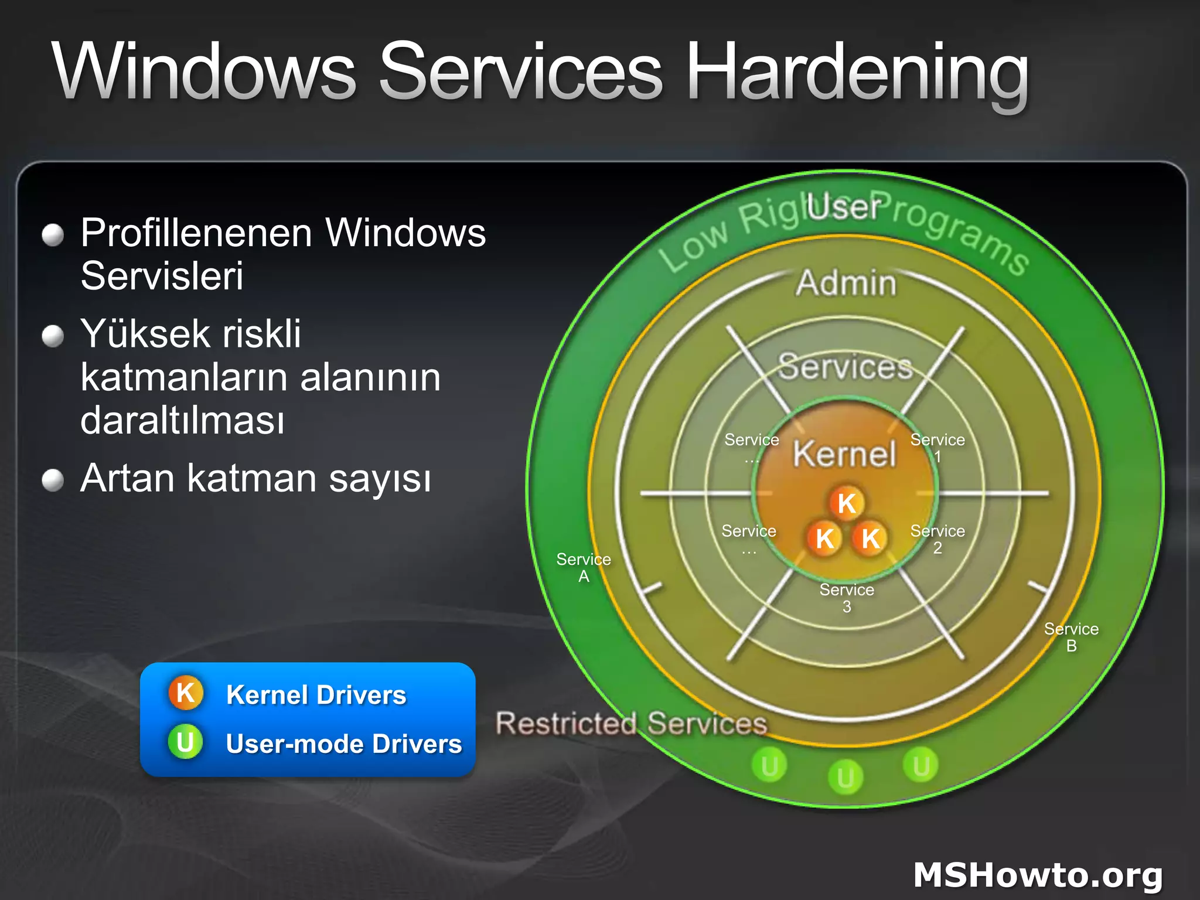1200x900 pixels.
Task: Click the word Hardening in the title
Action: [x=857, y=73]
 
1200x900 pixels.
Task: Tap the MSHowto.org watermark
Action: [x=1037, y=875]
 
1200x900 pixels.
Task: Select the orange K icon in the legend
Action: [x=186, y=693]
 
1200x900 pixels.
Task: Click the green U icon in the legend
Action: [x=185, y=742]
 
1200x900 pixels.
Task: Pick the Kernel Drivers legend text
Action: [x=316, y=696]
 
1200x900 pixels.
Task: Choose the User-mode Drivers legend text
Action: [x=344, y=744]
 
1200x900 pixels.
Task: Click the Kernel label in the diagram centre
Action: [x=844, y=454]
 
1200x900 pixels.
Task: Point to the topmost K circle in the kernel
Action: [x=847, y=503]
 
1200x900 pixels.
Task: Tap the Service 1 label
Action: [x=937, y=448]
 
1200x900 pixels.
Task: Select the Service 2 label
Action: [x=937, y=538]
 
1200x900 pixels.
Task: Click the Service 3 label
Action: [x=847, y=597]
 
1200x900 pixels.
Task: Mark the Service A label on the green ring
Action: [x=583, y=567]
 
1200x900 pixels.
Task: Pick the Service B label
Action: [x=1071, y=637]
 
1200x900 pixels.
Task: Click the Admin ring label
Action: [x=846, y=283]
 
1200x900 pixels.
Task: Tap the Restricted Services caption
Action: [x=631, y=723]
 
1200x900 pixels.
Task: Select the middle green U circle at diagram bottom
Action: [x=845, y=777]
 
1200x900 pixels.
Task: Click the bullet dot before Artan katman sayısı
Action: [x=53, y=480]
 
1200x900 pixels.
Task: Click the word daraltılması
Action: [x=182, y=420]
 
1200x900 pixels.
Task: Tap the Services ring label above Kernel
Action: [x=845, y=367]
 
